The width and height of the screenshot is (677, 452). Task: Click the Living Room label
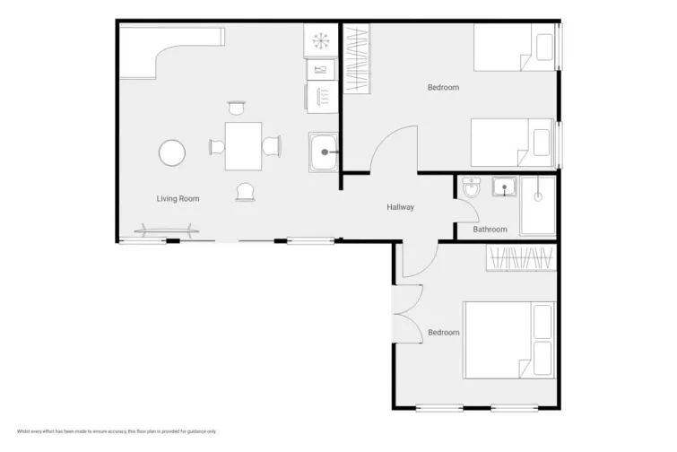178,198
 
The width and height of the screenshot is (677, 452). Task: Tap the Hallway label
400,207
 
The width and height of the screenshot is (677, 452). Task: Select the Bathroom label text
490,230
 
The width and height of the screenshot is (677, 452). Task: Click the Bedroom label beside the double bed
443,333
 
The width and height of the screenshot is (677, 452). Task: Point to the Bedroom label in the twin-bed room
443,87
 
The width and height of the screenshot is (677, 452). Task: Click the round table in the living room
172,153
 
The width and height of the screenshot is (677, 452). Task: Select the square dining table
243,146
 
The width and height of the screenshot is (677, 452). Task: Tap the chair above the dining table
237,109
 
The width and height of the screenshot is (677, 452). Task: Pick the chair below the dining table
245,191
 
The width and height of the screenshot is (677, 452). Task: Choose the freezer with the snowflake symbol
321,39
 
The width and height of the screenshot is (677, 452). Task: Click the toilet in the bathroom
472,188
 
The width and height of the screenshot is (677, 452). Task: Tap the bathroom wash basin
505,187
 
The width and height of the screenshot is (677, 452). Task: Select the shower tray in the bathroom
538,205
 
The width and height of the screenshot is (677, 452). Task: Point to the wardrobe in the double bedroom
521,258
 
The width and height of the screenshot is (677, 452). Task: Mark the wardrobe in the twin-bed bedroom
357,58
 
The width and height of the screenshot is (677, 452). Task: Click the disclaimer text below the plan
117,431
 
